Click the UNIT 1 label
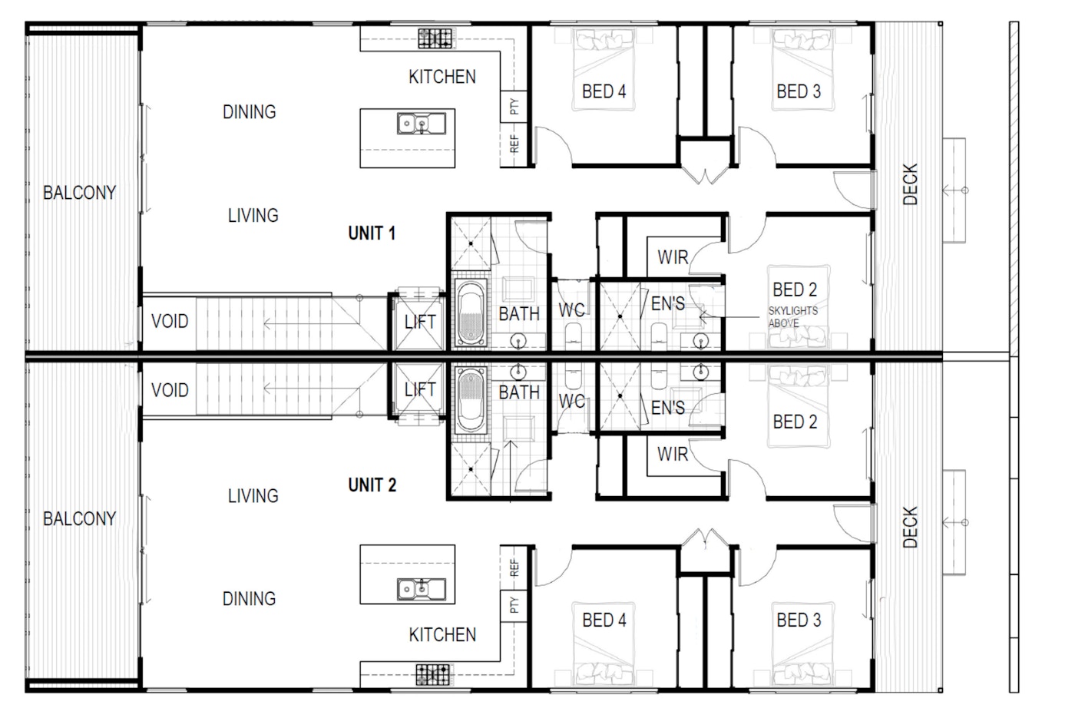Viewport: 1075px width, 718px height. coord(372,233)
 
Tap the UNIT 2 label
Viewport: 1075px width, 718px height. coord(372,485)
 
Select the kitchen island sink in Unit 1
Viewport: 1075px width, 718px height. coord(421,124)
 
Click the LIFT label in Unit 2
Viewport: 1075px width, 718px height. coord(420,390)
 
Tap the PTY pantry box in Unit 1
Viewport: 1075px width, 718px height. coord(514,106)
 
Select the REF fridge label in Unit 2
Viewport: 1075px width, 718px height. coord(514,568)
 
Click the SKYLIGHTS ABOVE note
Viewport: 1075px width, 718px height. coord(792,316)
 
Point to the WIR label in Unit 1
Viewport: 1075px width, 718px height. coord(673,257)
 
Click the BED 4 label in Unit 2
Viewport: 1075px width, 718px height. coord(604,620)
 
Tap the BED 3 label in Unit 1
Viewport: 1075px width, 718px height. coord(798,91)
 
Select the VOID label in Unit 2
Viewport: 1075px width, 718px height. coord(170,390)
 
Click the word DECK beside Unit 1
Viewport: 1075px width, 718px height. coord(911,184)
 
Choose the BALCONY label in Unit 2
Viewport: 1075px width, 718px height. coord(79,519)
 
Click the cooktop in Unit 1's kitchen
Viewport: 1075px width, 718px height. coord(435,38)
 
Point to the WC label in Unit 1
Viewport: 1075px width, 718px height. coord(571,310)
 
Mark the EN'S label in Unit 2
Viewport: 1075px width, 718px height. coord(667,408)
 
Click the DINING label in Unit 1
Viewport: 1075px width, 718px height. coord(249,112)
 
